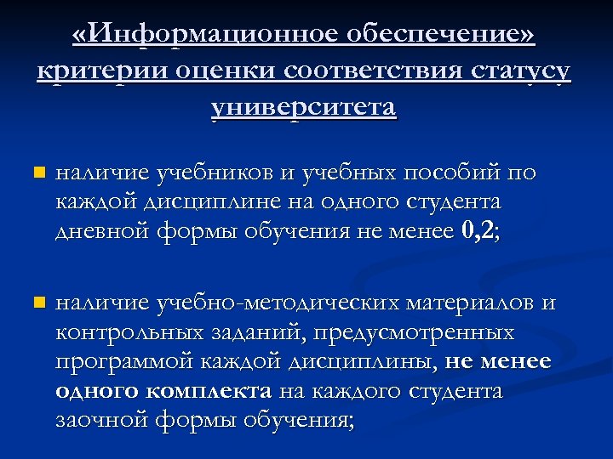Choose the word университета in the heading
coord(304,108)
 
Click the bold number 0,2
coord(479,230)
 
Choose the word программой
coord(123,362)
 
